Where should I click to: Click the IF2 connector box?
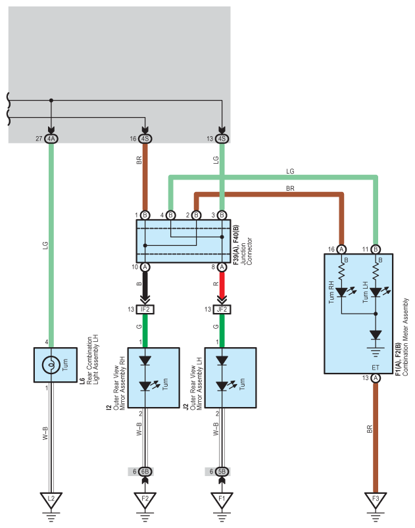click(145, 309)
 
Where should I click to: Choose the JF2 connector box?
click(222, 309)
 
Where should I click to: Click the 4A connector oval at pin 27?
click(51, 138)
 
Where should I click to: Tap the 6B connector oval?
click(145, 471)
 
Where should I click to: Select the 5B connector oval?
click(222, 471)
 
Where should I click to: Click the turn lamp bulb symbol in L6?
click(51, 365)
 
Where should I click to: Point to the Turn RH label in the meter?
click(331, 292)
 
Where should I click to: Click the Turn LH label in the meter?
click(365, 293)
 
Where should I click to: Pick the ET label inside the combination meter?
click(376, 368)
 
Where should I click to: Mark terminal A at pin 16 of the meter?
click(341, 249)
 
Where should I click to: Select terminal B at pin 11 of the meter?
click(376, 249)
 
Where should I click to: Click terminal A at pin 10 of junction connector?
click(145, 267)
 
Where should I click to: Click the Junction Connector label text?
click(246, 251)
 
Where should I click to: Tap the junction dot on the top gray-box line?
click(51, 101)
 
